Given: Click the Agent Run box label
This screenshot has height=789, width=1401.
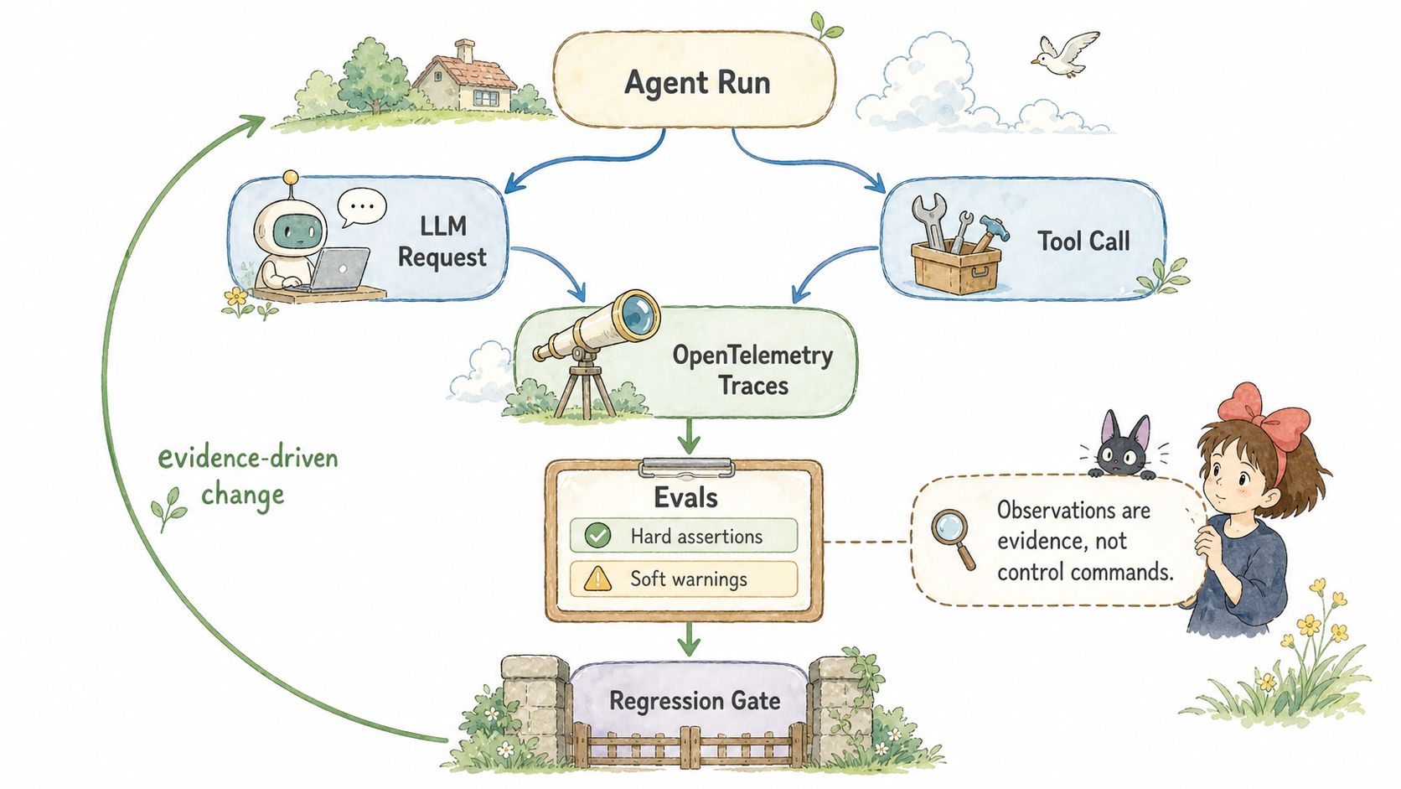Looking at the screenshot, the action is [697, 83].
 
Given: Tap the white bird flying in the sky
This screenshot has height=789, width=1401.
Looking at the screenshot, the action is [1064, 55].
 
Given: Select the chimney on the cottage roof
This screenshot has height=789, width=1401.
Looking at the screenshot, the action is [464, 50].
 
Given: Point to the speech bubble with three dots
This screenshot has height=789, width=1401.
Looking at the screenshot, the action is [361, 207].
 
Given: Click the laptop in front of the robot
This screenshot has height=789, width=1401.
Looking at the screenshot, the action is [339, 270].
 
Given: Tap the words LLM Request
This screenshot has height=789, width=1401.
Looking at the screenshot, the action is [442, 241].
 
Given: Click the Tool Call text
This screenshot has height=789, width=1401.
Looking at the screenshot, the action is [1084, 241].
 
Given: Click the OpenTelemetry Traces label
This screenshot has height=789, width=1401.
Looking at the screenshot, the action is [752, 370].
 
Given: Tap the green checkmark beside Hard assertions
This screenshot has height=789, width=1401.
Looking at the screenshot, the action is [597, 536].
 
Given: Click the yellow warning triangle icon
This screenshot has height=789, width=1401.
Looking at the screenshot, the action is [597, 579].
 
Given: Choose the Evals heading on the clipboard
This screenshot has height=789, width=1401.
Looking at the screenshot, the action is [685, 498].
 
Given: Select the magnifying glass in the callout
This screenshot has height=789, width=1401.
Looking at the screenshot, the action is [953, 539].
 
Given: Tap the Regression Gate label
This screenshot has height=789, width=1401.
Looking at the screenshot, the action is [695, 701].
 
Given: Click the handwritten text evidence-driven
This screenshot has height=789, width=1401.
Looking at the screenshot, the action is [248, 458].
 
